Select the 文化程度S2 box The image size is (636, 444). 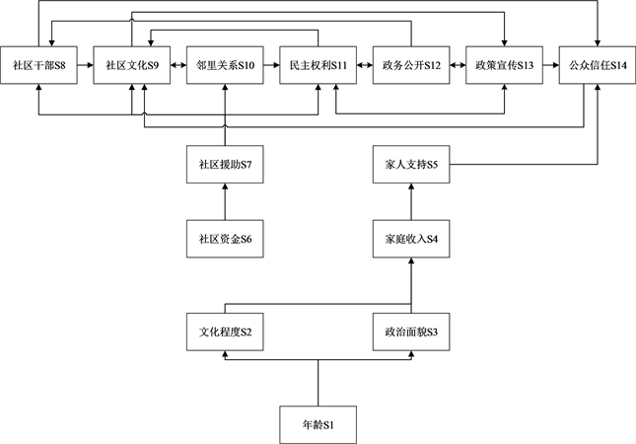(225, 333)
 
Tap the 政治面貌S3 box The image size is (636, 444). (412, 333)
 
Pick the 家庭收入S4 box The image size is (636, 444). (412, 240)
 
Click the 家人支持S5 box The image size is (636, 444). (412, 164)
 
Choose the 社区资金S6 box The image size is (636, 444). (225, 240)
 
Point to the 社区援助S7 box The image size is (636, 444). (225, 164)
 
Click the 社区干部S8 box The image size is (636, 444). (38, 65)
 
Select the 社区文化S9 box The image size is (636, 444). (132, 65)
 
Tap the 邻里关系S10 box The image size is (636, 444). (225, 65)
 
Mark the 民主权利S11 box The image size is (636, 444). (318, 65)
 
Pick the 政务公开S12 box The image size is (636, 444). (412, 65)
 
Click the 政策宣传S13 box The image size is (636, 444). (505, 65)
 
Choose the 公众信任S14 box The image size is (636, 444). (598, 65)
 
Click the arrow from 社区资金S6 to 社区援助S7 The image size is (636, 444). (225, 202)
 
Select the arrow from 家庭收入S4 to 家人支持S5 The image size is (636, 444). (412, 202)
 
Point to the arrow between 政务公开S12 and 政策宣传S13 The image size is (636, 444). (459, 65)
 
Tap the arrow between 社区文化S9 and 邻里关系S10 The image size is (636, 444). (178, 65)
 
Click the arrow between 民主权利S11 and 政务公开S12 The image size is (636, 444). (365, 65)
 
